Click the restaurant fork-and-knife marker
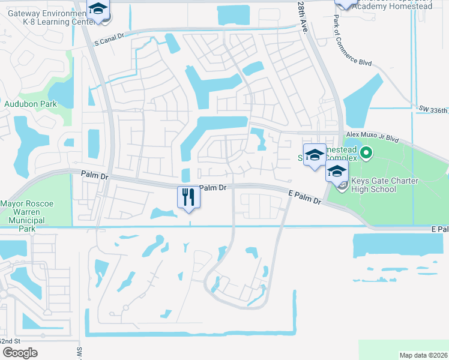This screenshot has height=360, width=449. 188,197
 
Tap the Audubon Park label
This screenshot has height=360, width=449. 31,104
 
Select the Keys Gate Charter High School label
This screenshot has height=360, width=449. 383,185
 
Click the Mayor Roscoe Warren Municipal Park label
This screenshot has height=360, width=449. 27,212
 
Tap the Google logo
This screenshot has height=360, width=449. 20,353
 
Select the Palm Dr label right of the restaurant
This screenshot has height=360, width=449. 212,188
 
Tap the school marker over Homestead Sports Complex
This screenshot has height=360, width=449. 314,156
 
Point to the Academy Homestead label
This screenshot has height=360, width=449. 391,6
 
